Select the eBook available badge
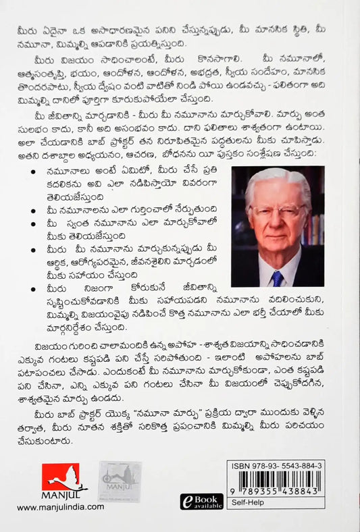201,500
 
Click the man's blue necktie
278,278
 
